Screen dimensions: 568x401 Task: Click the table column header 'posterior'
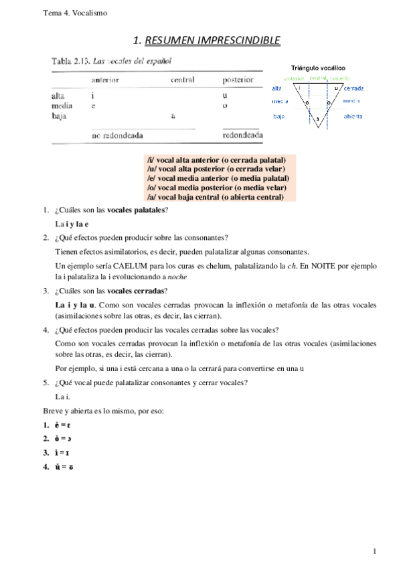[x=238, y=80]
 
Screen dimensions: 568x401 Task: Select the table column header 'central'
[x=182, y=80]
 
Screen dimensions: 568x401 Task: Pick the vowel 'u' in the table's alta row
[x=225, y=96]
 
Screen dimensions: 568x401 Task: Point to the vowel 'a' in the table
[x=173, y=116]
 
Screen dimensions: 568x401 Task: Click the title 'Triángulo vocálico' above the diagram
[x=318, y=68]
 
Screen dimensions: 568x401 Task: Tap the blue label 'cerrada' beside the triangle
[x=353, y=88]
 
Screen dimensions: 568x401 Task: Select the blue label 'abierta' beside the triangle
[x=353, y=116]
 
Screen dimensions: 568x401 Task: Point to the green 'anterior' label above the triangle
[x=295, y=78]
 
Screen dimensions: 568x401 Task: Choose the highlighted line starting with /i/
[x=216, y=160]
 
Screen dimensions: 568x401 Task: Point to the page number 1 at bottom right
[x=376, y=551]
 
